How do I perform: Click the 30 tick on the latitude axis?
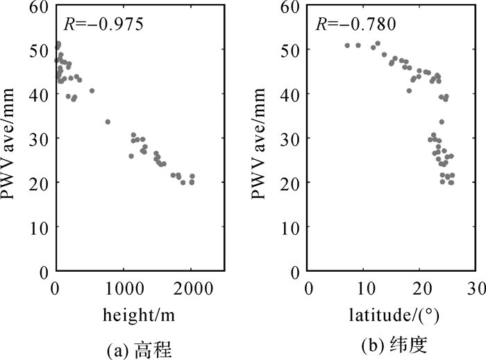point(475,287)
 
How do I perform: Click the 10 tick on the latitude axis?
point(364,287)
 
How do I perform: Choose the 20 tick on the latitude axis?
point(419,287)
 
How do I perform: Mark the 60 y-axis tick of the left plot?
point(40,7)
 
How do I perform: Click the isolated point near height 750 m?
point(108,122)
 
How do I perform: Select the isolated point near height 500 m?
point(92,90)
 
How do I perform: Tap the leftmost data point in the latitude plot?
point(347,46)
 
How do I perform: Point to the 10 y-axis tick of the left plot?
point(40,227)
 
